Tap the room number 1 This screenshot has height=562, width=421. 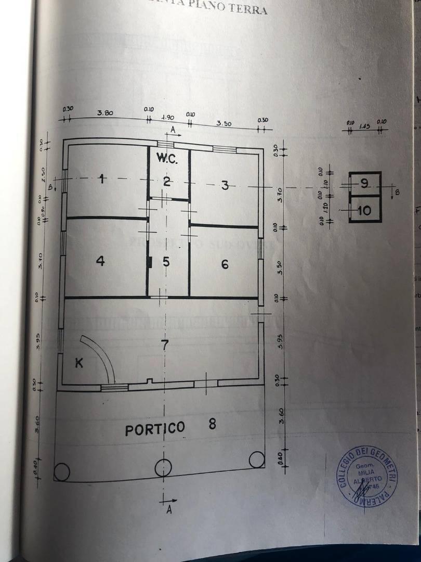pos(102,180)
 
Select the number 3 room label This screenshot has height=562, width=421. pos(225,185)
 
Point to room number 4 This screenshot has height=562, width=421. pos(100,260)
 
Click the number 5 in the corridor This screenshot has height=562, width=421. pos(166,262)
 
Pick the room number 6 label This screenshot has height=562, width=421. pos(225,264)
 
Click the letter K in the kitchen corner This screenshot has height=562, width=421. pos(79,363)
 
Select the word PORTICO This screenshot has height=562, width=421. pos(154,429)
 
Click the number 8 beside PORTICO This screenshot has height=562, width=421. pos(212,424)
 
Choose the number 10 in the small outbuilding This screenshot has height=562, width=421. pos(364,210)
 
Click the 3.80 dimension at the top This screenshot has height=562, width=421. pos(105,113)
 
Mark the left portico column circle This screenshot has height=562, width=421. pos(62,472)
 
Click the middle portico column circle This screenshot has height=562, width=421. pos(163,467)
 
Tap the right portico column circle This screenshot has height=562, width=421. pos(256,459)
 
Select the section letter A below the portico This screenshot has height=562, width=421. pos(169,510)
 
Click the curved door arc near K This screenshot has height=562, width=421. pos(101,354)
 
